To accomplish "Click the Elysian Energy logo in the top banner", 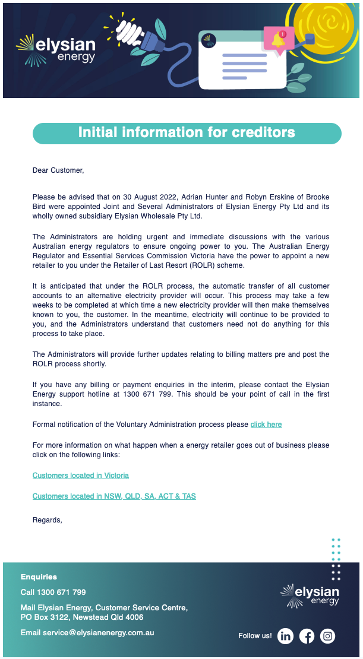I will click(x=56, y=49).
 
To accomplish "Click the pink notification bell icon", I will click(x=278, y=40).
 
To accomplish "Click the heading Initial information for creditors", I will click(x=187, y=132).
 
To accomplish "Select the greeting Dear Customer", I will click(x=58, y=170).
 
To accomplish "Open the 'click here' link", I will click(x=266, y=424).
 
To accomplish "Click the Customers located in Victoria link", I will click(x=81, y=476).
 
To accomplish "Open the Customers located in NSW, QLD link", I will click(x=114, y=496).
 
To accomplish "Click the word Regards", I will click(x=47, y=520).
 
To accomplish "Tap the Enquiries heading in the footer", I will click(x=39, y=576).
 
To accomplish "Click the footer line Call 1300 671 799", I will click(x=53, y=592).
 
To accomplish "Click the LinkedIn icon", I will click(x=286, y=636).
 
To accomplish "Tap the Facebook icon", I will click(x=307, y=636).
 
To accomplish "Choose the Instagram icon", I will click(x=327, y=636).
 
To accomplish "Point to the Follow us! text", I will click(x=255, y=636).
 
